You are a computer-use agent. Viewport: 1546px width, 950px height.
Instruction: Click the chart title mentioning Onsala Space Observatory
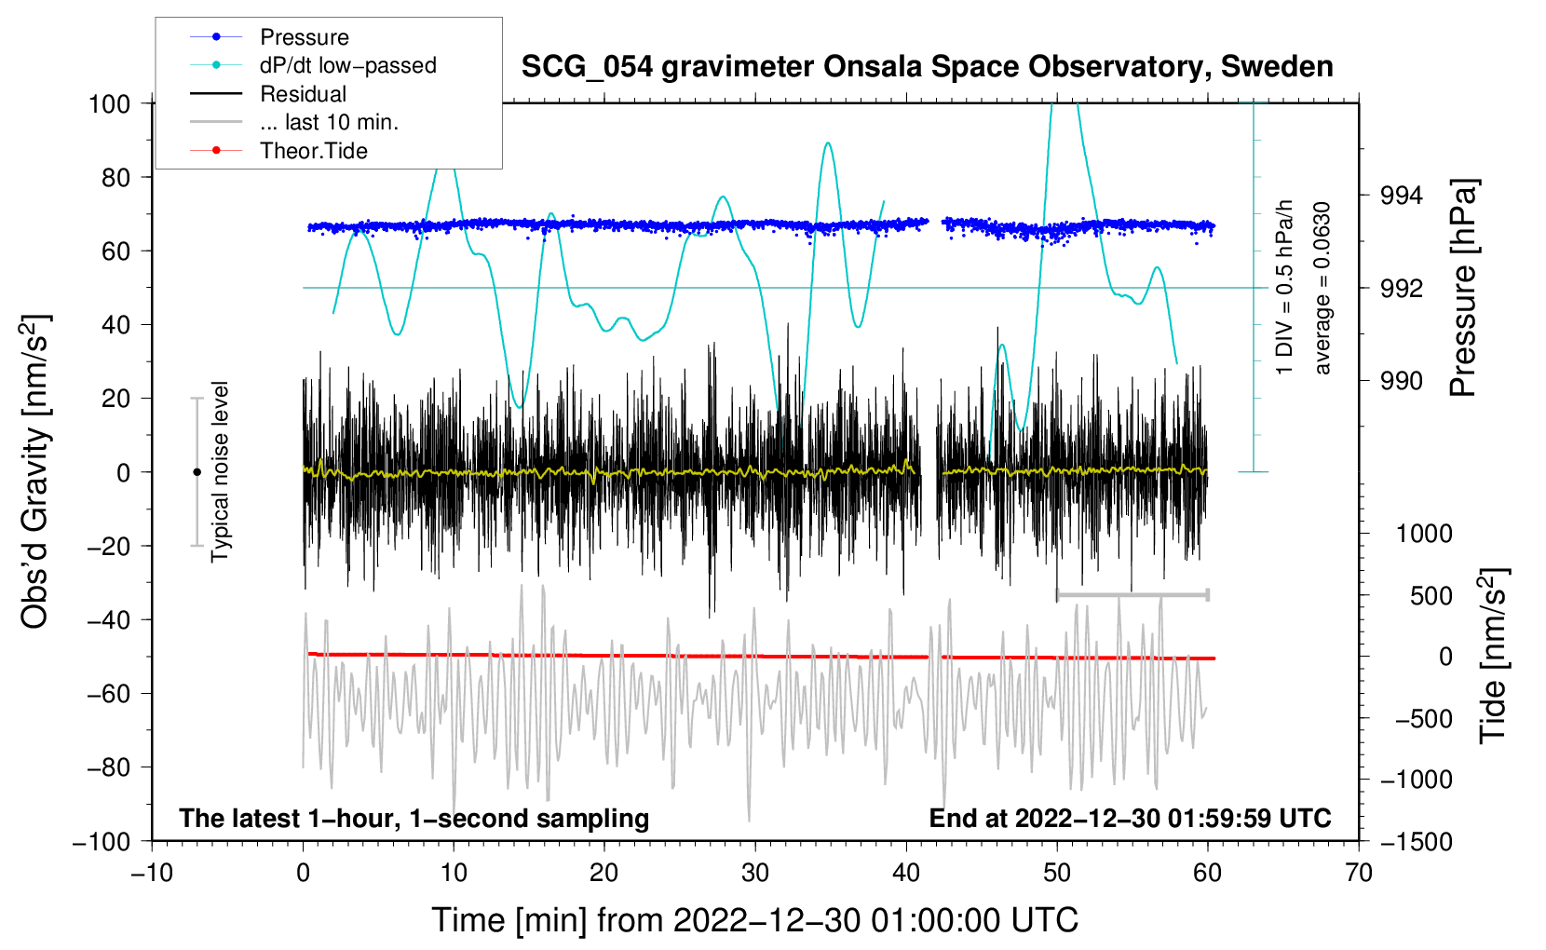[x=927, y=67]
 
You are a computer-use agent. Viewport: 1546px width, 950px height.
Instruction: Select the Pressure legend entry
[x=304, y=37]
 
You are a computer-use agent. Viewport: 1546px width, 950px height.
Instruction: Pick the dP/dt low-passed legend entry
[x=347, y=65]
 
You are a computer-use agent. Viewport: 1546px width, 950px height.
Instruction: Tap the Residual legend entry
[x=303, y=94]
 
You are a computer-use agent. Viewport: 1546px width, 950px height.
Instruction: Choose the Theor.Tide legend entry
[x=313, y=151]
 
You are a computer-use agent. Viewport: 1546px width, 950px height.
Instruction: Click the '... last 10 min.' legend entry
[x=329, y=122]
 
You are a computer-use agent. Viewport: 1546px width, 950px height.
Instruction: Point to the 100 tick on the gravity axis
[x=109, y=103]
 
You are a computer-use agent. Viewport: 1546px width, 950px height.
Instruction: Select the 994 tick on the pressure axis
[x=1401, y=196]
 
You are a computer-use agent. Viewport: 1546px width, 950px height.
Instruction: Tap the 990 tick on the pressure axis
[x=1401, y=380]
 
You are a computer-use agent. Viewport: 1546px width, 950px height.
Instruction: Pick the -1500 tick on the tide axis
[x=1417, y=841]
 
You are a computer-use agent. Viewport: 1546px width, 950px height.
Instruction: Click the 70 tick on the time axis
[x=1359, y=873]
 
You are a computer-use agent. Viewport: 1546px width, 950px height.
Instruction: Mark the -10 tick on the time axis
[x=152, y=873]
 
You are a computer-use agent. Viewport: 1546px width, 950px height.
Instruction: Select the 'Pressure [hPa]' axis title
[x=1464, y=289]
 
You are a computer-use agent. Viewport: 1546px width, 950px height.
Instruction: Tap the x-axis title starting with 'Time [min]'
[x=755, y=920]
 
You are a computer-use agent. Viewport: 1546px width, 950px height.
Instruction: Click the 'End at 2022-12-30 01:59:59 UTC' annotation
[x=1130, y=818]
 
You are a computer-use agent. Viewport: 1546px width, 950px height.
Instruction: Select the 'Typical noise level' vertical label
[x=220, y=471]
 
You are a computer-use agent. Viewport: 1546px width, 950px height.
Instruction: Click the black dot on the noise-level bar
[x=197, y=472]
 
